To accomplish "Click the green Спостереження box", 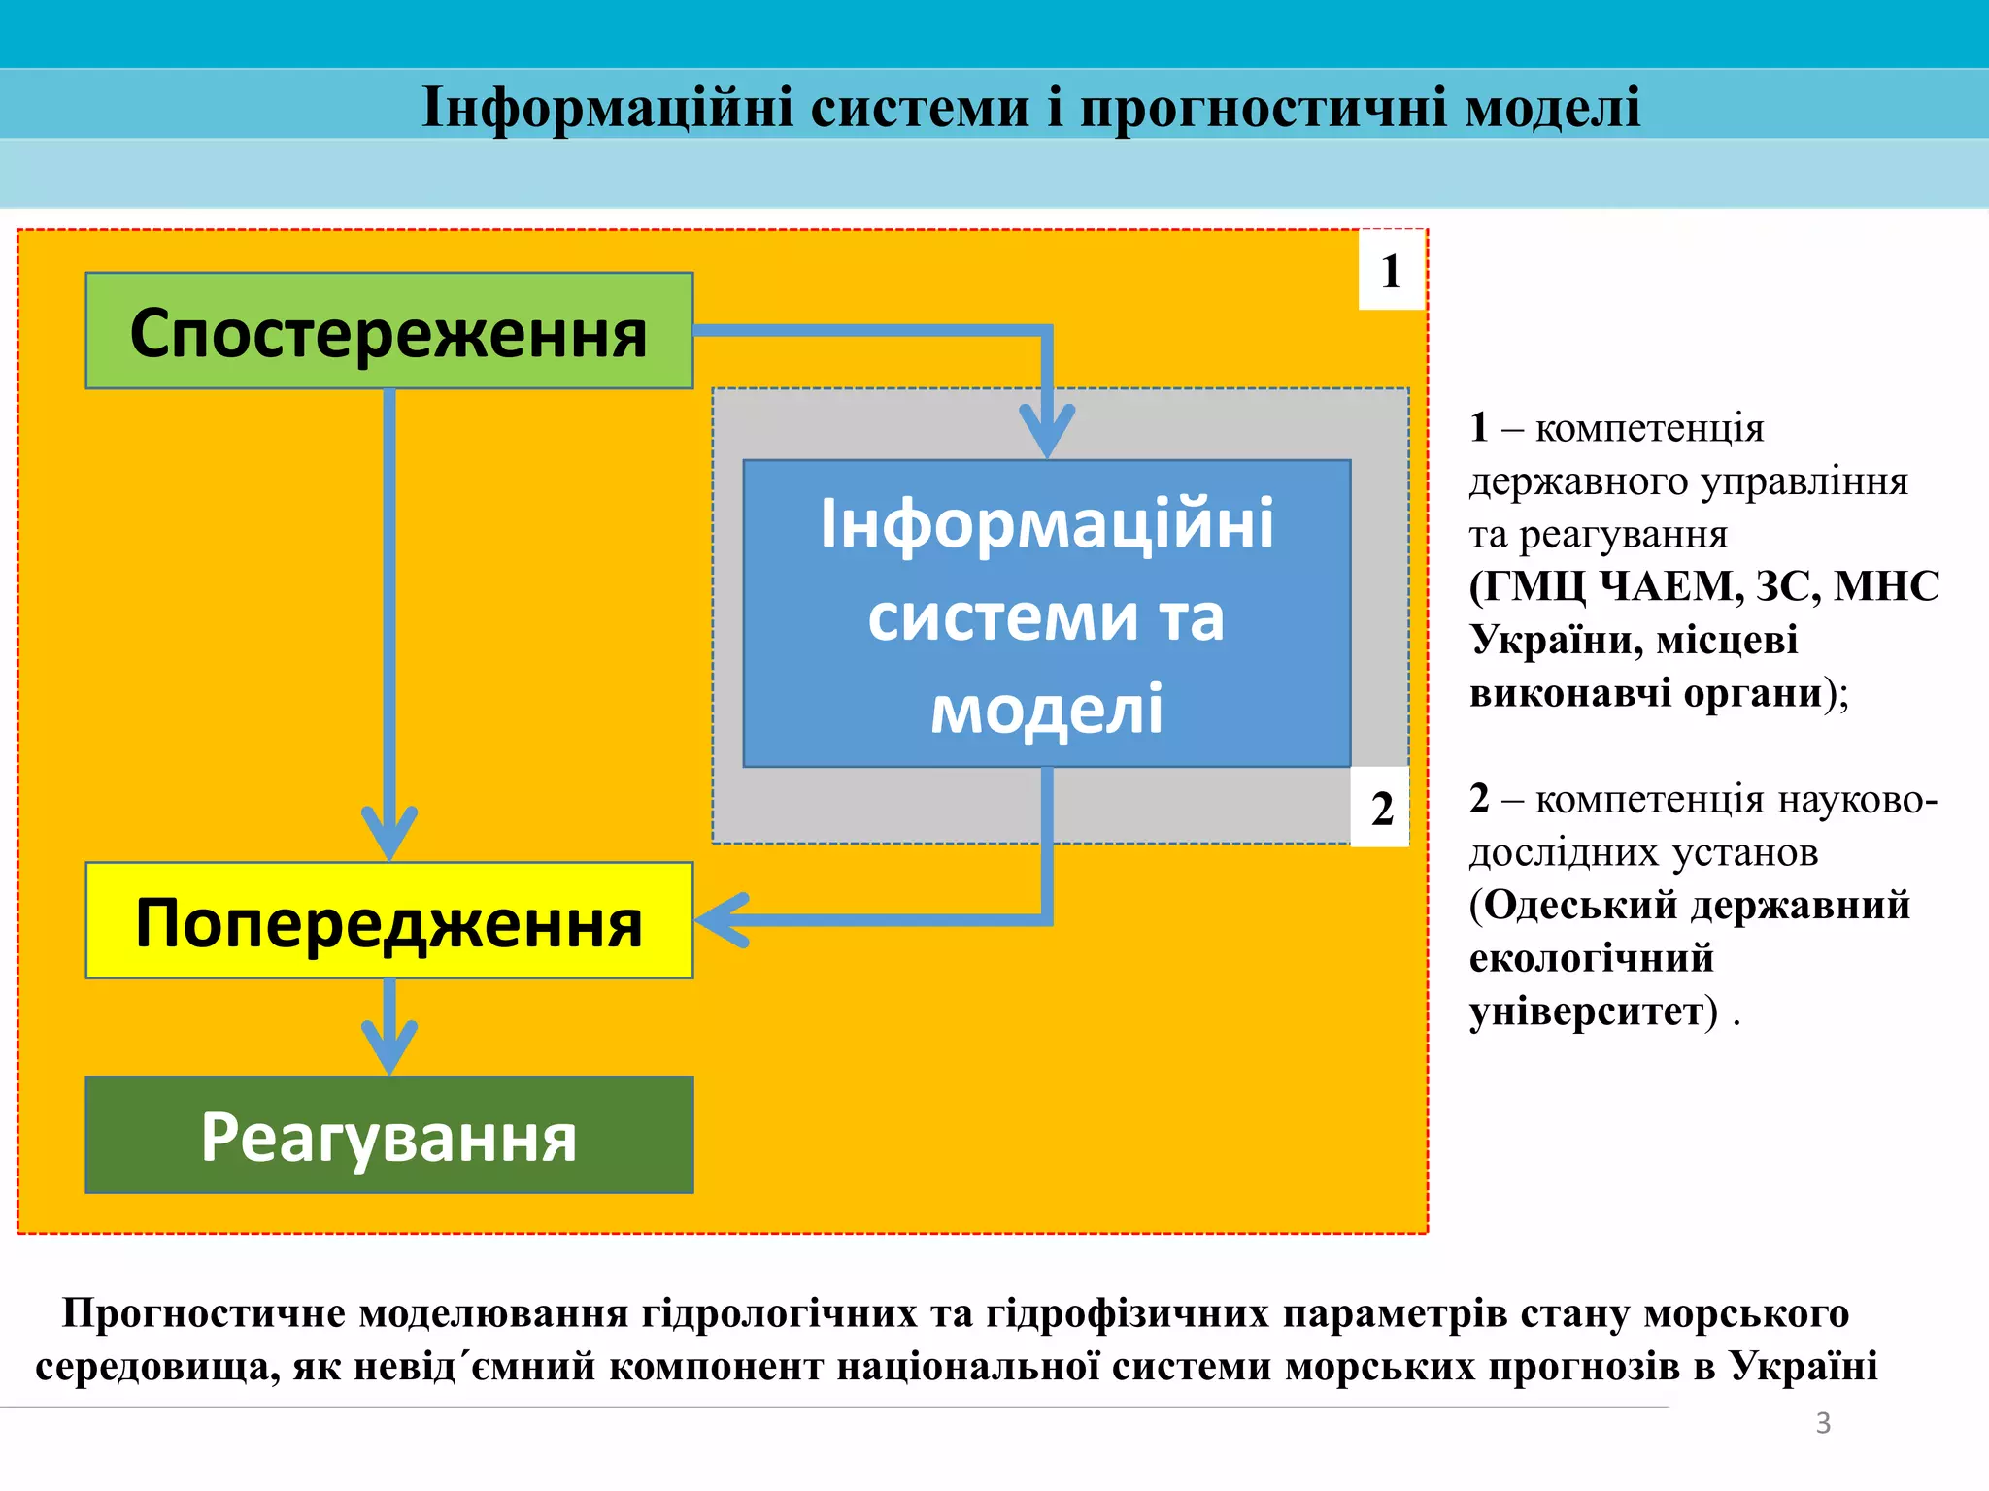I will [388, 331].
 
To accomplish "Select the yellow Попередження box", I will [388, 920].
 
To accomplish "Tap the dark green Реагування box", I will [388, 1135].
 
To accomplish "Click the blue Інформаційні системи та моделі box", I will [1046, 613].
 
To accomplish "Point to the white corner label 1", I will [1391, 271].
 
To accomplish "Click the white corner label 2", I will [1380, 808].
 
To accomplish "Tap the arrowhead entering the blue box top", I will [1046, 432].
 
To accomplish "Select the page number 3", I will [1823, 1423].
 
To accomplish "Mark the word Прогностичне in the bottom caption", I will [204, 1312].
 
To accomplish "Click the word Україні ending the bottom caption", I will [1803, 1366].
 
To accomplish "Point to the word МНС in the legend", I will [1886, 586].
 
